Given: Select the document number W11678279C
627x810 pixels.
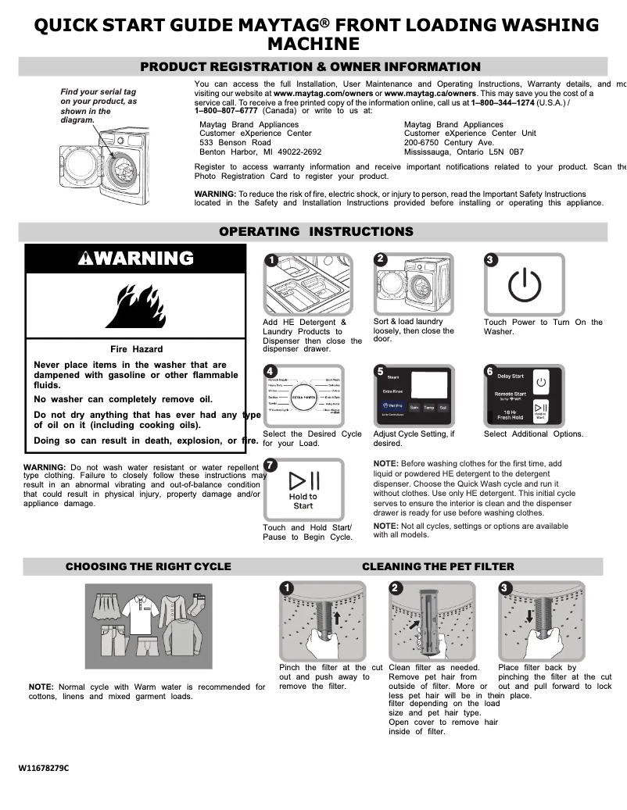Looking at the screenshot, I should (45, 768).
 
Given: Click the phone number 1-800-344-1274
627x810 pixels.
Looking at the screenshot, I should (503, 102).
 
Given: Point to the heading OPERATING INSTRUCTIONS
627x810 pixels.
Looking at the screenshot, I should (315, 231).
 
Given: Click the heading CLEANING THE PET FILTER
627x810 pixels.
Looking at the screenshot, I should (438, 566).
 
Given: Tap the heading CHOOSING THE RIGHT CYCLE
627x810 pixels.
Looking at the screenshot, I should (148, 566).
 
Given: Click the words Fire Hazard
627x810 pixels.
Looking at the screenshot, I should (136, 349).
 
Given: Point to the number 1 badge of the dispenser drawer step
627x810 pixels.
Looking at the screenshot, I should (270, 260).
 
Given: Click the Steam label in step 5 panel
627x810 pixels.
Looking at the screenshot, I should (392, 377).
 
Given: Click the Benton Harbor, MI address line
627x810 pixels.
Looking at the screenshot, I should (260, 152).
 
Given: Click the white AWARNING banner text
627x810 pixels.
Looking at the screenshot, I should (135, 259).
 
